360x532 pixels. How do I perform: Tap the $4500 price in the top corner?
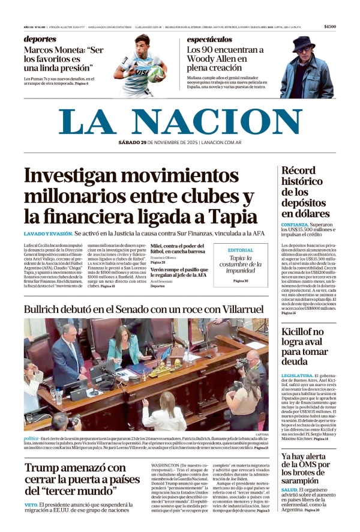pyautogui.click(x=329, y=27)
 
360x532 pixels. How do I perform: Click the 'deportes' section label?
pyautogui.click(x=40, y=39)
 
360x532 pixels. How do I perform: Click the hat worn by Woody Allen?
pyautogui.click(x=301, y=43)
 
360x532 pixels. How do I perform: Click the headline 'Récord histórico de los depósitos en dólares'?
pyautogui.click(x=305, y=192)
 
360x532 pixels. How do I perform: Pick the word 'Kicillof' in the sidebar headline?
pyautogui.click(x=298, y=331)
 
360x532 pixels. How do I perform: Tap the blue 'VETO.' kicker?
pyautogui.click(x=31, y=505)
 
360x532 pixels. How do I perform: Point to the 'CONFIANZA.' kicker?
pyautogui.click(x=295, y=225)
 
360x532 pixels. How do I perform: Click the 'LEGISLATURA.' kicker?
pyautogui.click(x=297, y=375)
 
